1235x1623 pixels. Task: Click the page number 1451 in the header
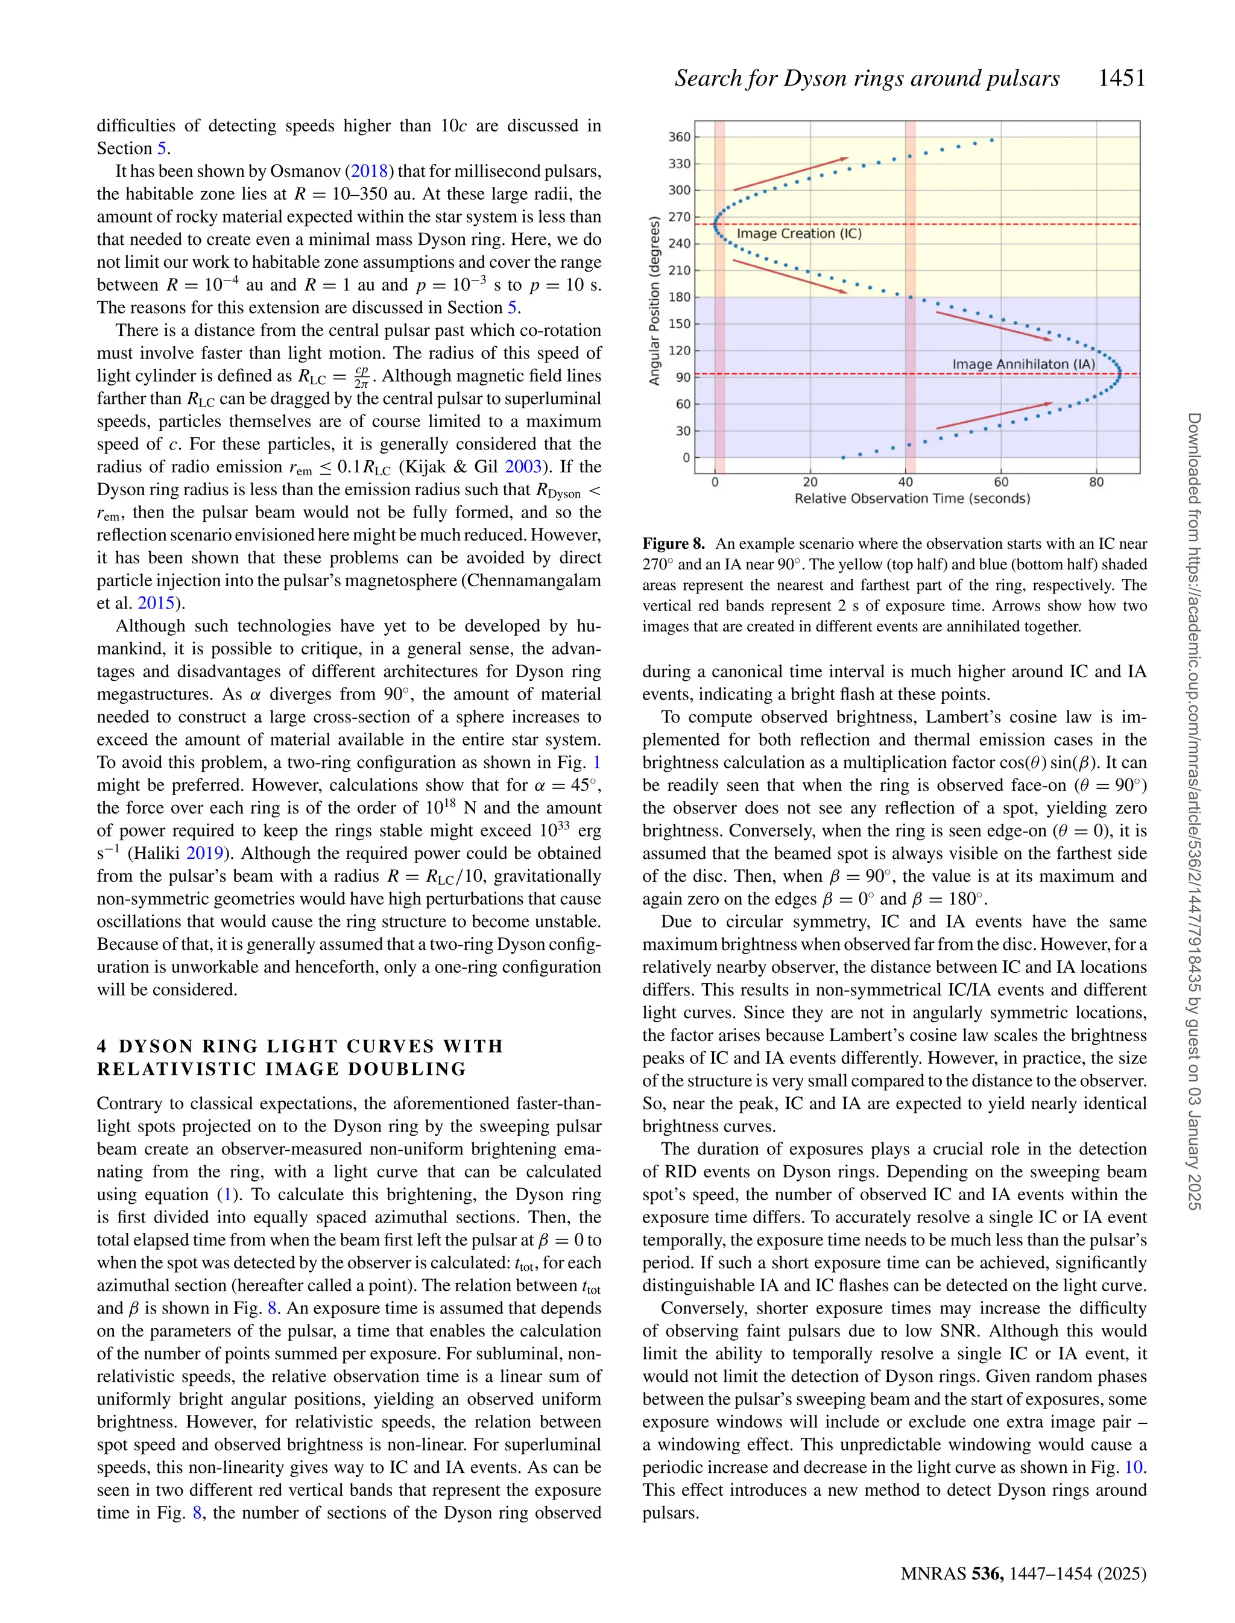click(1121, 78)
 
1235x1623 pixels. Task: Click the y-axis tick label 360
click(679, 137)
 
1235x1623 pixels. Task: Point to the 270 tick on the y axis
click(679, 217)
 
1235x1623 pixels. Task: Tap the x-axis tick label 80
click(1096, 482)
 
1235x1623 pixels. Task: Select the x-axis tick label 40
click(906, 482)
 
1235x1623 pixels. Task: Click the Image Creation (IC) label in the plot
click(799, 234)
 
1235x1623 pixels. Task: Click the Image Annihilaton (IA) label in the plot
click(1023, 364)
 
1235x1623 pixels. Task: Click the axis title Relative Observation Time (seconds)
click(912, 498)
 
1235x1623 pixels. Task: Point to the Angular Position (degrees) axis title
click(654, 300)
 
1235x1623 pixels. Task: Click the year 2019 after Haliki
click(204, 853)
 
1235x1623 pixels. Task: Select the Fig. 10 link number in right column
click(1134, 1467)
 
